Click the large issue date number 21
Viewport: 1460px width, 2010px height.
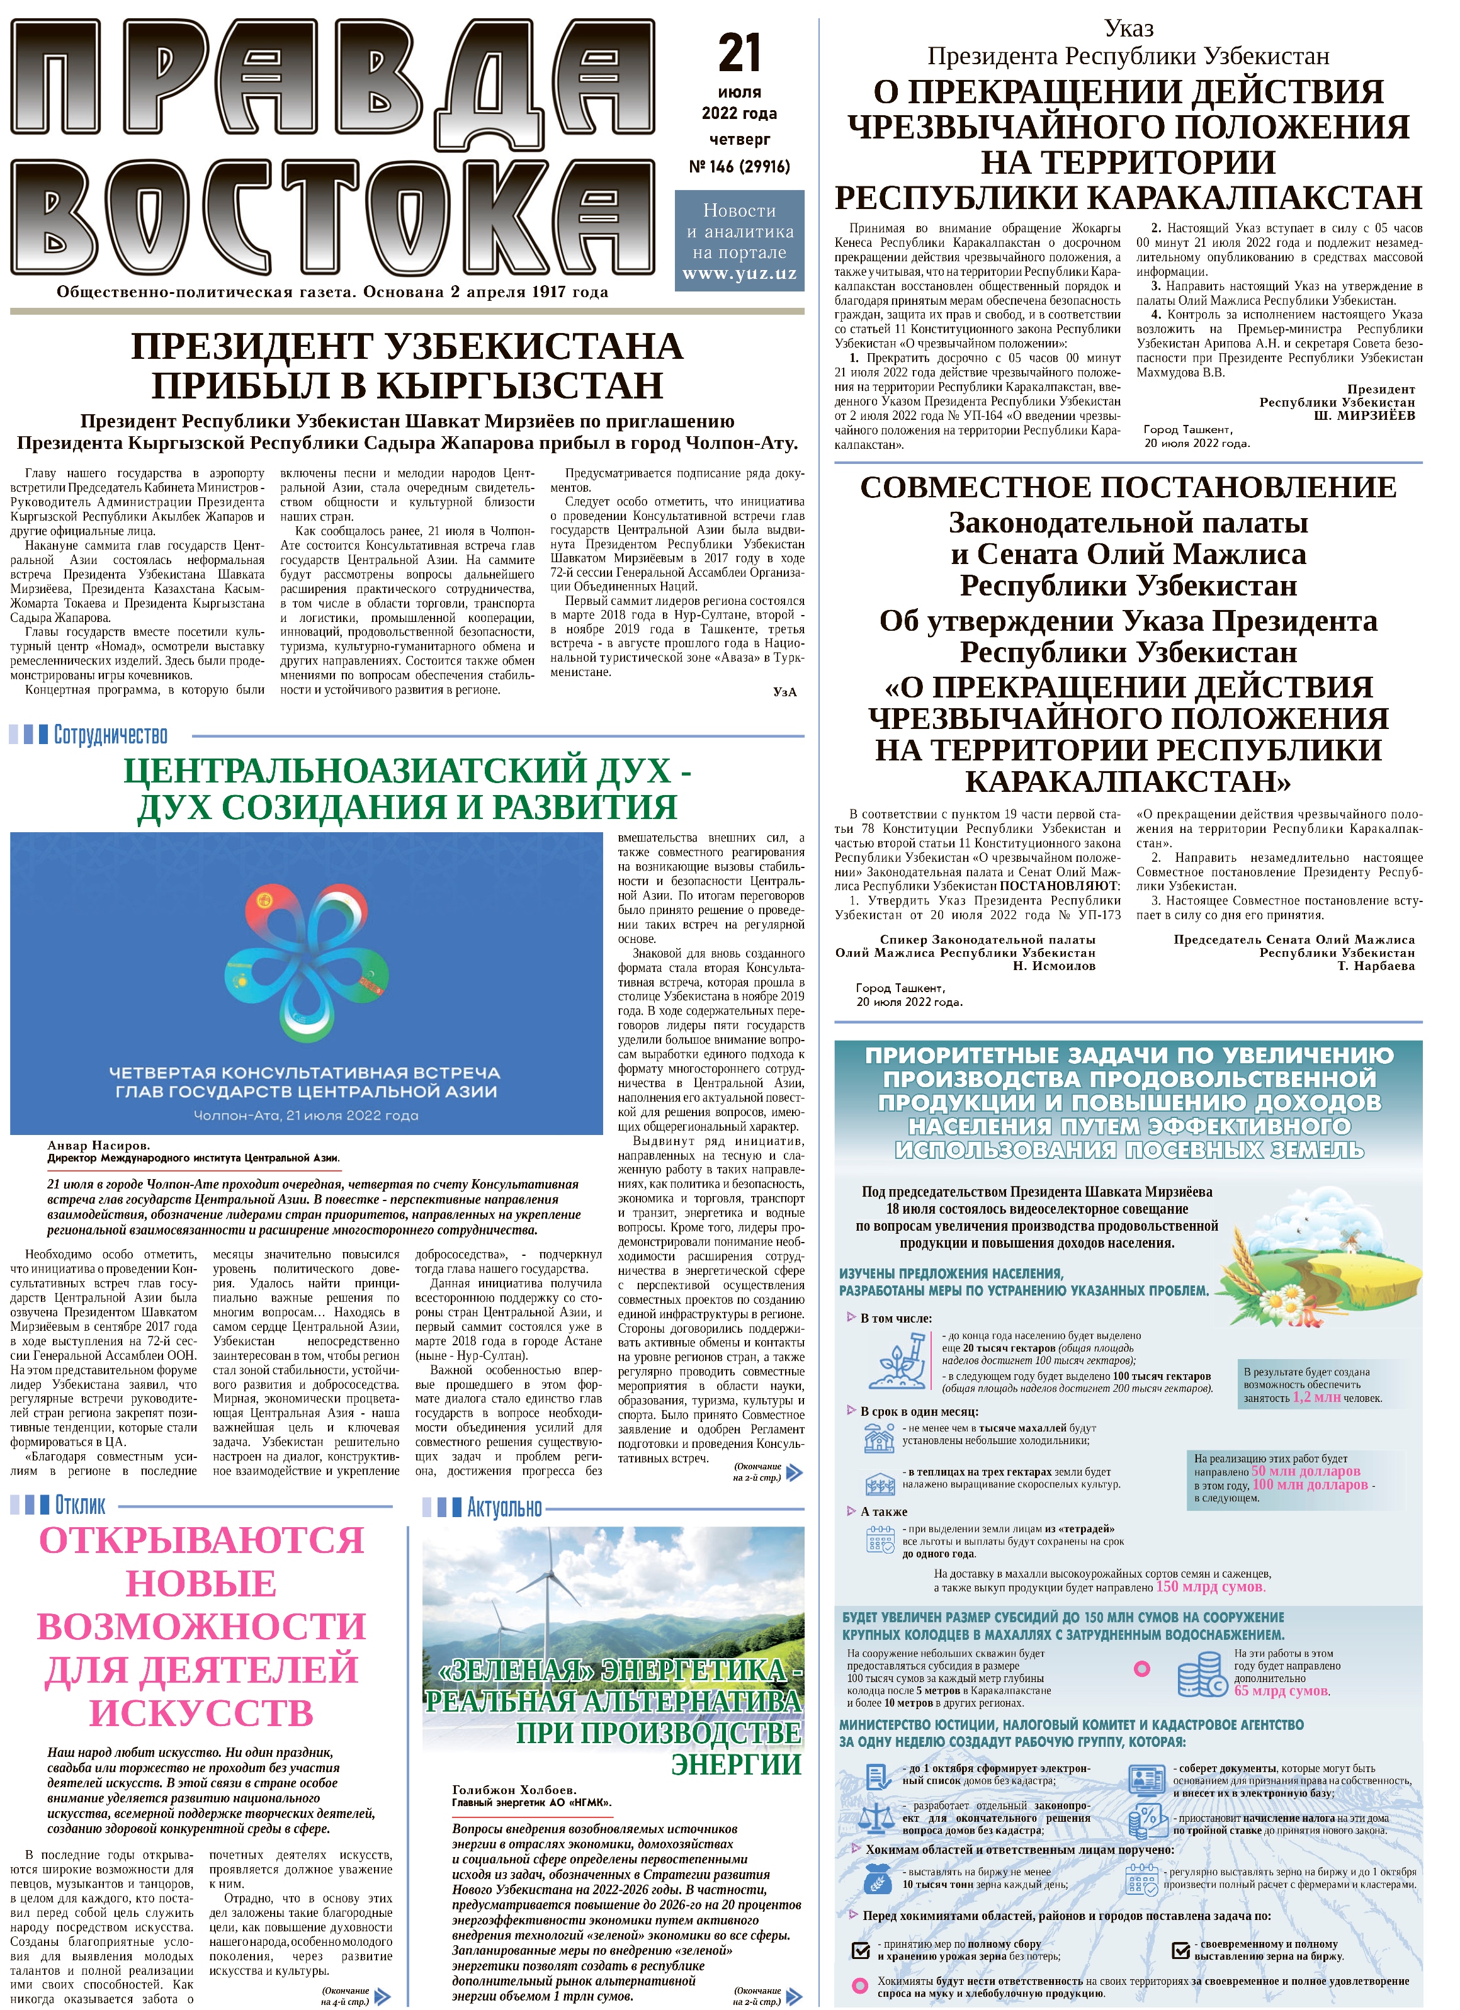pos(739,53)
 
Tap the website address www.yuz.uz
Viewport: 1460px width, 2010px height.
pos(739,273)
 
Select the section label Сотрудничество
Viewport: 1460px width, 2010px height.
pos(110,735)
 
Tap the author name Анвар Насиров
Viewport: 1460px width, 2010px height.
pos(98,1145)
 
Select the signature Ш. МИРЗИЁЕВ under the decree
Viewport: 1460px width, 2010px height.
pos(1364,415)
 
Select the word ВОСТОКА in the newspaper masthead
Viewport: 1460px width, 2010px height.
pos(332,217)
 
